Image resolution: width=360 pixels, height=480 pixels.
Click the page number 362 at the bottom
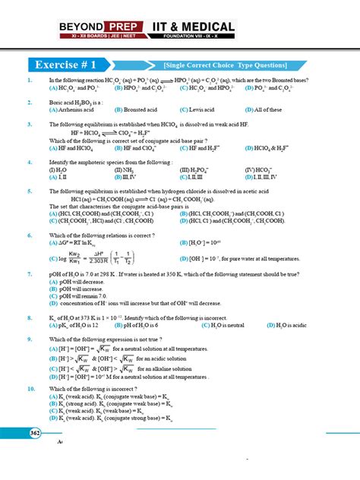36,433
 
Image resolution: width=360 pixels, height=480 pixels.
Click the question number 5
29,191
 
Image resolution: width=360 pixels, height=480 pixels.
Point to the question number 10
30,388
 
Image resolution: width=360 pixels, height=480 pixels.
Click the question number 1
29,80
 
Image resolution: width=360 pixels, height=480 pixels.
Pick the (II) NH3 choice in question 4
124,169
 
